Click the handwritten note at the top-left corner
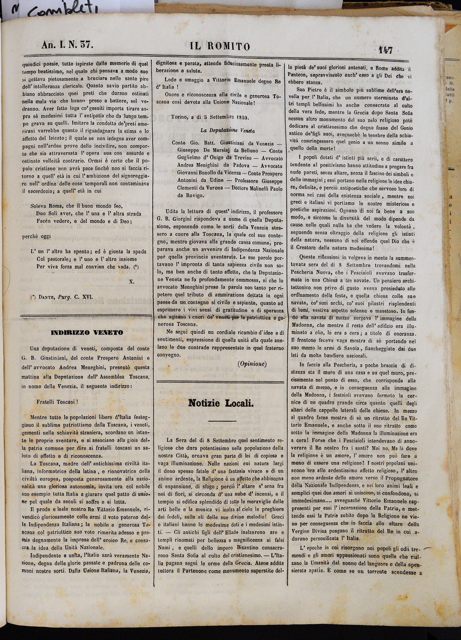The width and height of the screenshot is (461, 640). tap(51, 11)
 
